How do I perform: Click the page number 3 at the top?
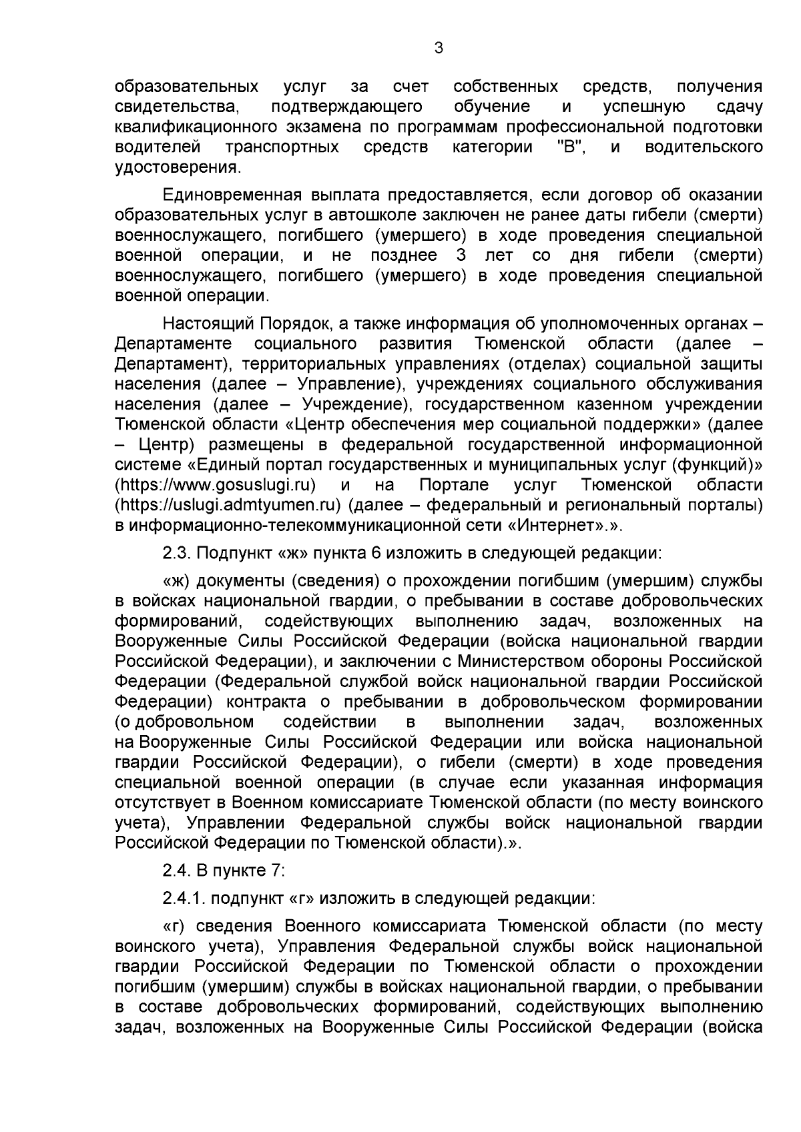pos(438,48)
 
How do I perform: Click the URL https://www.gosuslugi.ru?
pos(216,484)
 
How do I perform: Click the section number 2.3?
pos(177,552)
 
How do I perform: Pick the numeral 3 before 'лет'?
pos(461,255)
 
